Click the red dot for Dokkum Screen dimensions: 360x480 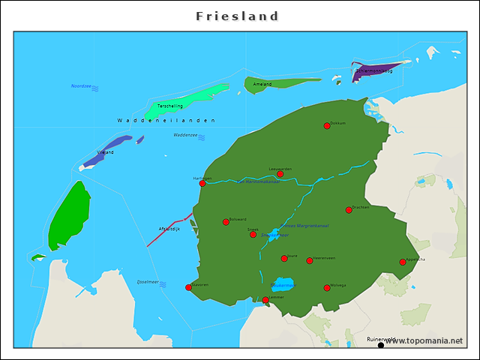(327, 126)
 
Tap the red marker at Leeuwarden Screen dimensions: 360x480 (280, 174)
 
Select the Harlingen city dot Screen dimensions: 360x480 (202, 183)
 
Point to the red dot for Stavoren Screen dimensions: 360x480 (189, 287)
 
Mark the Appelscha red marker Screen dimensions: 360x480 (403, 262)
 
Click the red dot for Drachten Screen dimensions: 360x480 (349, 210)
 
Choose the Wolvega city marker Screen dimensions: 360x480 (327, 288)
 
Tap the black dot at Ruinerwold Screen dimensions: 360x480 (381, 345)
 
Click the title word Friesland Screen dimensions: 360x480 (237, 16)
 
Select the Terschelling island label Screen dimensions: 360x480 (169, 106)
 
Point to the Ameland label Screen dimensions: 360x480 (262, 84)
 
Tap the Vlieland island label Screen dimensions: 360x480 (106, 152)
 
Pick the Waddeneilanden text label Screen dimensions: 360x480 (166, 120)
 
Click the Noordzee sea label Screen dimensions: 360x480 (81, 86)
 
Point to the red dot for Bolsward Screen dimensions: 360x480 (226, 222)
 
